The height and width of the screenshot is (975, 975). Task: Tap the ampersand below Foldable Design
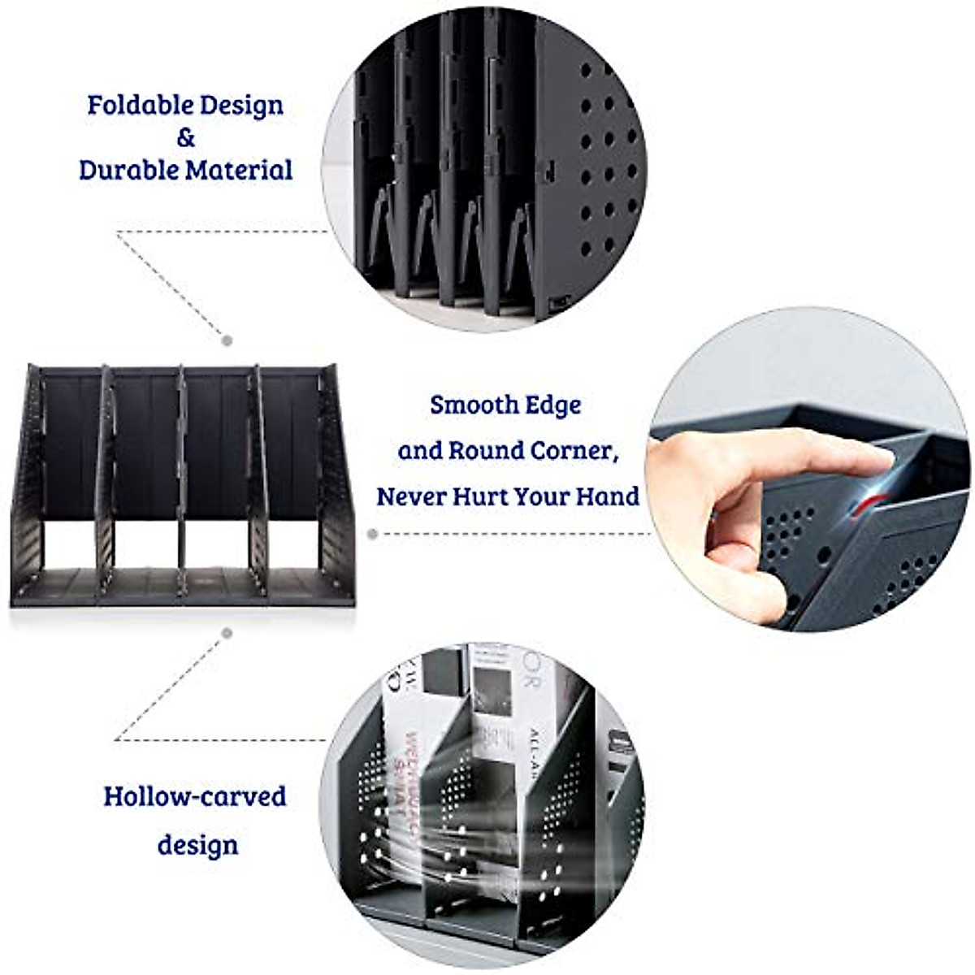[186, 138]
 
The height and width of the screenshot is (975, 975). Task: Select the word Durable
[128, 171]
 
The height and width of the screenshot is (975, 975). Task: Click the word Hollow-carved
[195, 796]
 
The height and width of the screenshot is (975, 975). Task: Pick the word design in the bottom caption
[197, 845]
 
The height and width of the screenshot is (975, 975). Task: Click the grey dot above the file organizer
[227, 340]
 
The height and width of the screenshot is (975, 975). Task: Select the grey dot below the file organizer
[227, 632]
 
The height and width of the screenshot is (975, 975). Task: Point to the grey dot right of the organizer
[372, 534]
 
